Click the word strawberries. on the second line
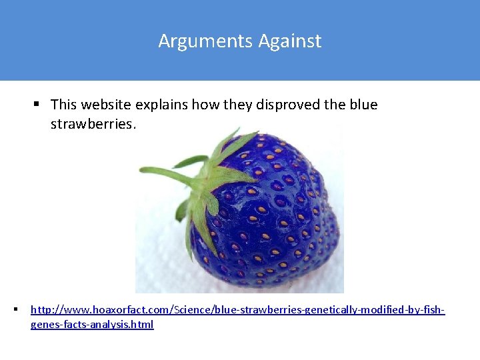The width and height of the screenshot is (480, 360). (93, 125)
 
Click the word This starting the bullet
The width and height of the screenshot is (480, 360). (63, 105)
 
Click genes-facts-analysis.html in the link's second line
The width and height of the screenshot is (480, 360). (92, 325)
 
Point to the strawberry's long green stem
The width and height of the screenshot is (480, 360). (167, 175)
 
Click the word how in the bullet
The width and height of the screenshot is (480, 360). (201, 105)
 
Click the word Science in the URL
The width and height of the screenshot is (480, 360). (195, 310)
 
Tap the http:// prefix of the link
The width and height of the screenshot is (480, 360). (44, 310)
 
